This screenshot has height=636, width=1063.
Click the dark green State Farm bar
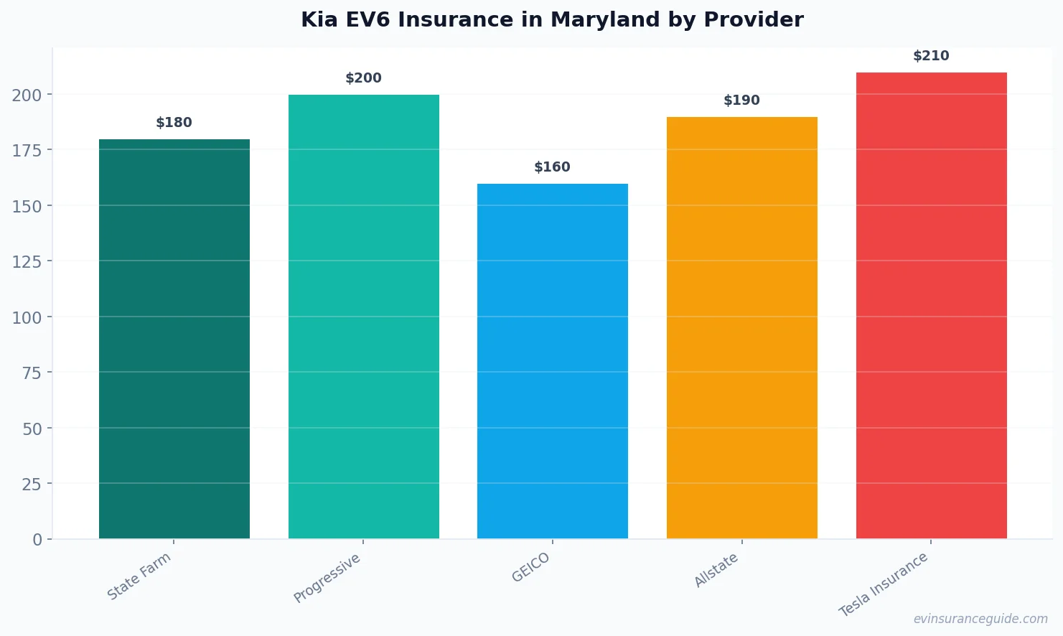(174, 339)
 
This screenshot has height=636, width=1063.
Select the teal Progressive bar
(364, 317)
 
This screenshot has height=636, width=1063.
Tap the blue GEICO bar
(553, 361)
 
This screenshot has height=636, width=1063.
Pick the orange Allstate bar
(742, 327)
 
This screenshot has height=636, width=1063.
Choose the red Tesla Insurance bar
(932, 305)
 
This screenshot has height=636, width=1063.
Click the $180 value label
(174, 123)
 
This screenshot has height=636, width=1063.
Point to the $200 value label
(364, 78)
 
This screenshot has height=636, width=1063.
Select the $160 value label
(553, 167)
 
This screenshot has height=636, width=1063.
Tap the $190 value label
(742, 100)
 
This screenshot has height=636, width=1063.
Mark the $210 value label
(932, 56)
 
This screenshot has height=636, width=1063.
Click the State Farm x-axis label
(139, 576)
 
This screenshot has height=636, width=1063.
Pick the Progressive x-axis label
(327, 578)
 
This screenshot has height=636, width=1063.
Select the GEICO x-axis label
(531, 567)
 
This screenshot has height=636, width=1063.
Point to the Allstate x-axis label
(716, 571)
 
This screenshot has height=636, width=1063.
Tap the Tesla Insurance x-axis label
(884, 584)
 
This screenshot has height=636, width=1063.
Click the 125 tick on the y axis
(27, 262)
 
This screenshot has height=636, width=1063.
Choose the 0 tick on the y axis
(37, 540)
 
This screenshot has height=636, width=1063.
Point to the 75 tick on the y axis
(32, 373)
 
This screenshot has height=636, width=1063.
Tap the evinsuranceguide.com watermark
(980, 619)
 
